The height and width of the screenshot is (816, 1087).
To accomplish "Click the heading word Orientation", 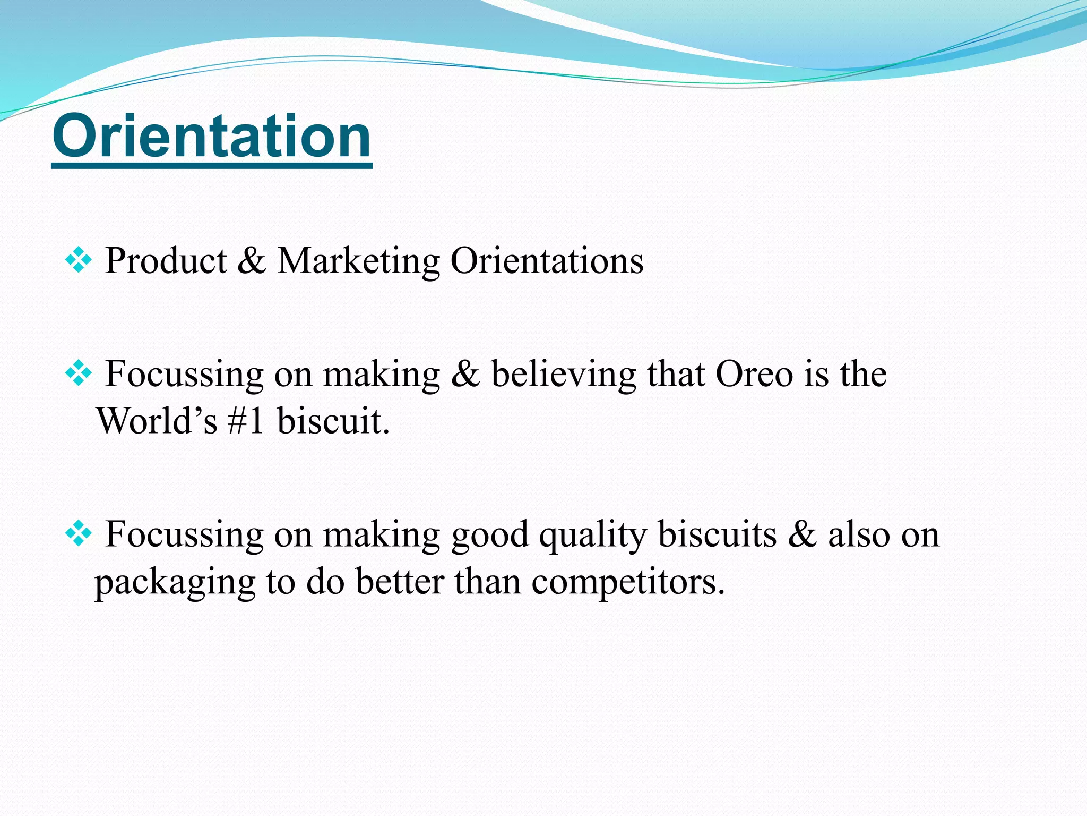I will tap(212, 137).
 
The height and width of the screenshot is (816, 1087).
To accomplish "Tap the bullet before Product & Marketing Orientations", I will tap(78, 261).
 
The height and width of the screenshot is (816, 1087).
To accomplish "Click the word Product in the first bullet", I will tap(166, 261).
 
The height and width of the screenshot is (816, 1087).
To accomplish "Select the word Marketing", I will tap(358, 261).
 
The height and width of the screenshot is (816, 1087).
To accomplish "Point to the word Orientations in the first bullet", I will tap(547, 261).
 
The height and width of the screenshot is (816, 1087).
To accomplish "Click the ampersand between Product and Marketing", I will tap(252, 261).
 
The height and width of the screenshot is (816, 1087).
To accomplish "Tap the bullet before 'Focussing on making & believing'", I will tap(78, 373).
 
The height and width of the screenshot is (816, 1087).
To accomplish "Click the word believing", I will tap(563, 374).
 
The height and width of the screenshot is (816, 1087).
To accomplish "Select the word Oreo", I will tap(754, 374).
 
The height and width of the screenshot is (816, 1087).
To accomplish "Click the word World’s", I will tap(157, 421).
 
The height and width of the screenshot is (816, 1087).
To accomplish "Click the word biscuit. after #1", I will tap(333, 421).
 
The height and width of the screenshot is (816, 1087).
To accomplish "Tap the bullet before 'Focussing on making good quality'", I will tap(78, 534).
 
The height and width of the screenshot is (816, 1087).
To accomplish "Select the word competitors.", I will tap(628, 582).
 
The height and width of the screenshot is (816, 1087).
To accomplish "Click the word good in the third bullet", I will tap(489, 535).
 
